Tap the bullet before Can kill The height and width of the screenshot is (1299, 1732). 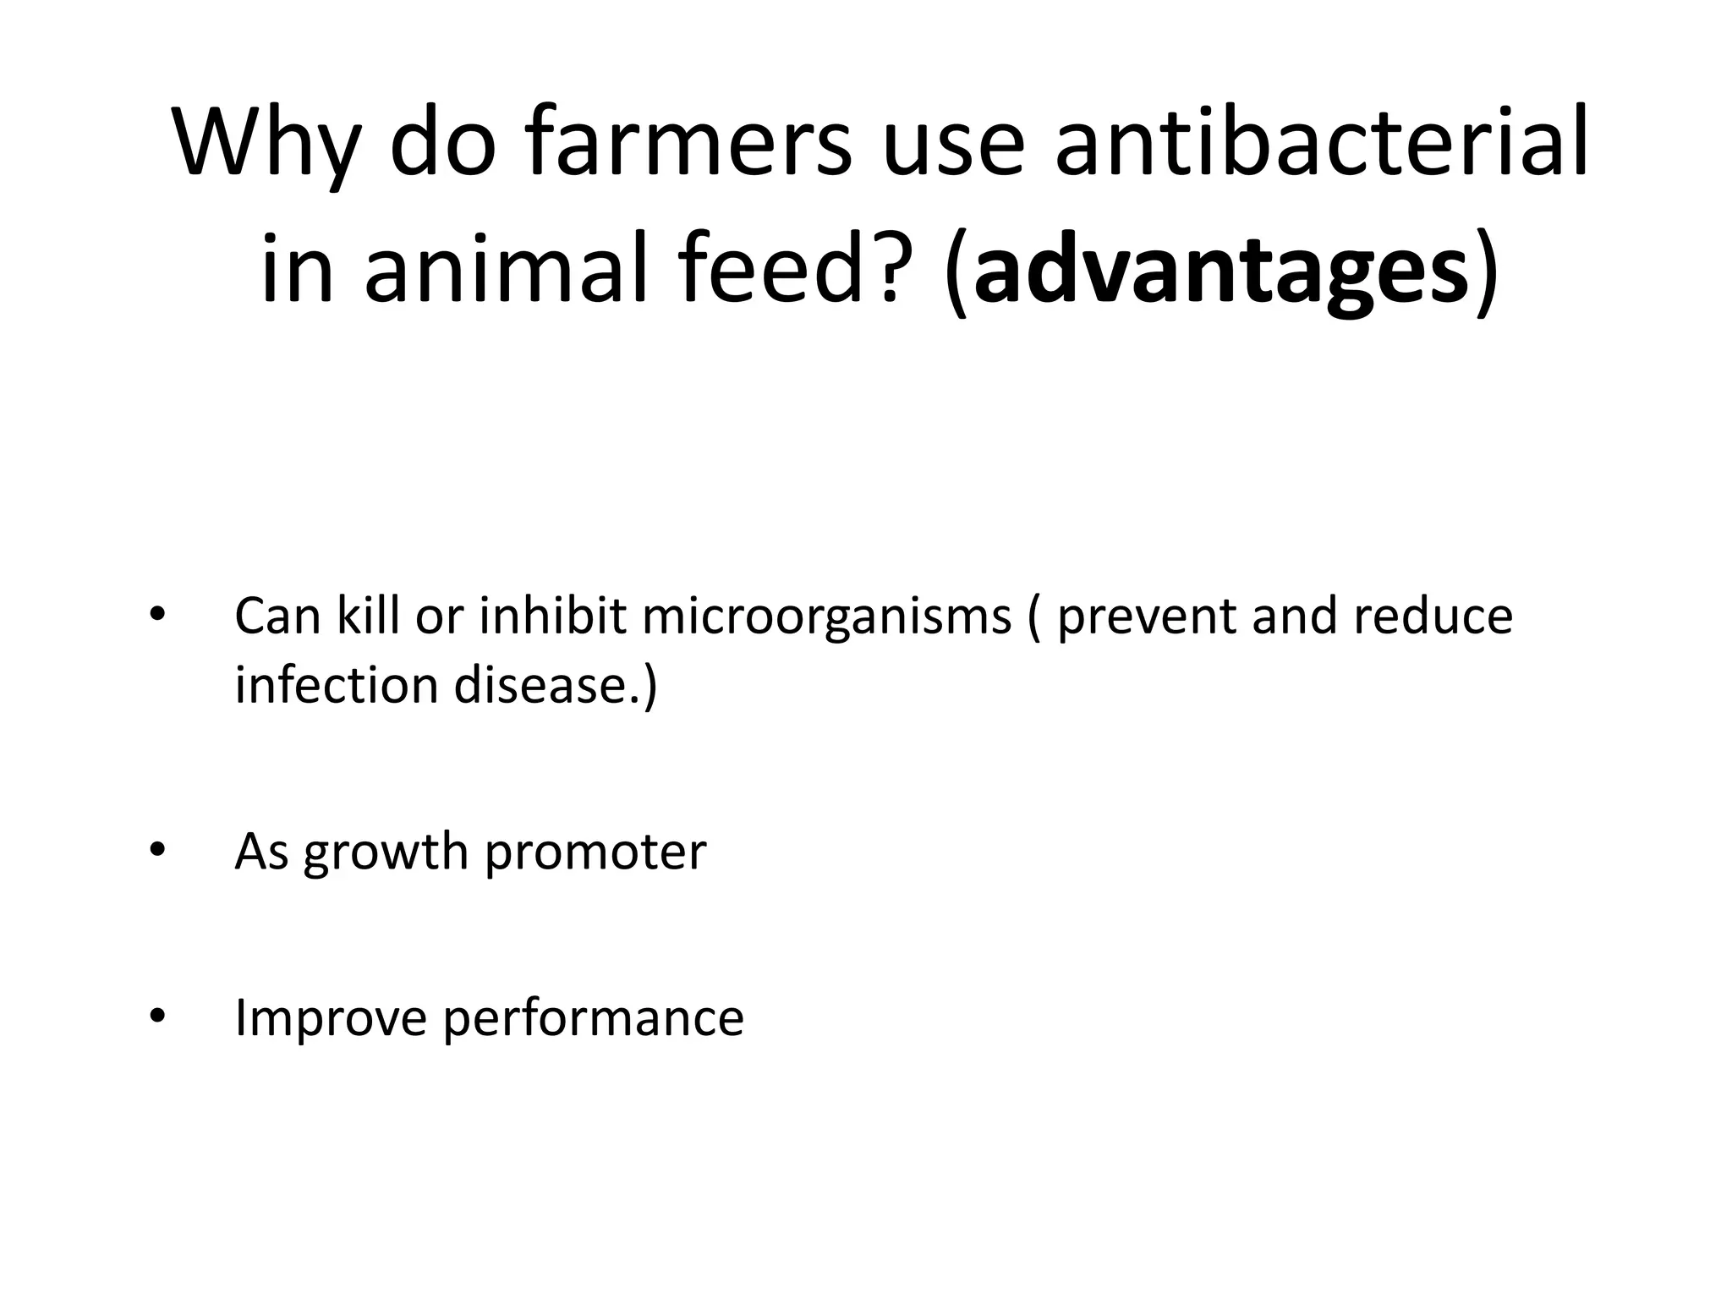[156, 616]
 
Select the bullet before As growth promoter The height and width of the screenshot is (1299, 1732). [156, 851]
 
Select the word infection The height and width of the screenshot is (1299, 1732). [335, 685]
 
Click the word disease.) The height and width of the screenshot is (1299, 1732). [555, 685]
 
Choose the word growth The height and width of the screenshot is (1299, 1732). [386, 852]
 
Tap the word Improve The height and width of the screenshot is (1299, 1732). [331, 1018]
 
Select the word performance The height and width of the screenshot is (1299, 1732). [593, 1018]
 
